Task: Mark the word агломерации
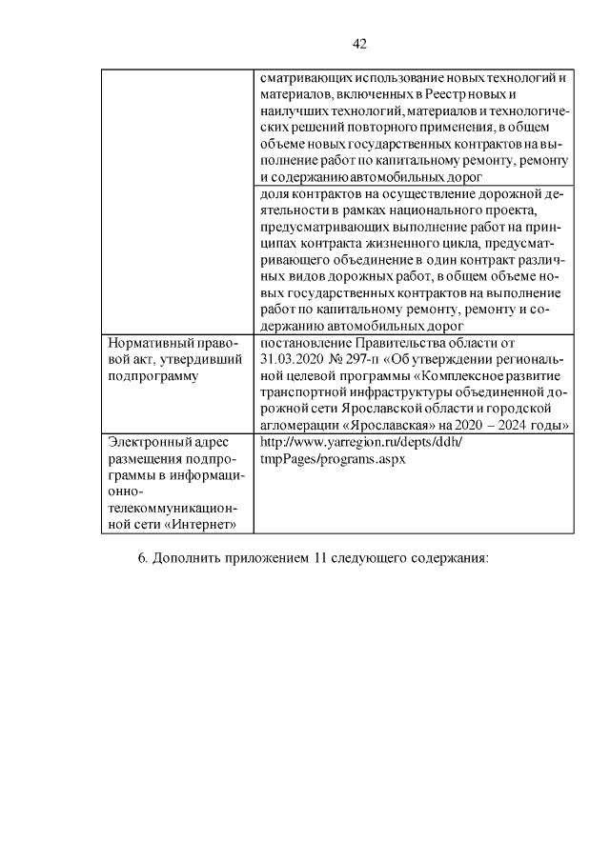pos(297,423)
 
